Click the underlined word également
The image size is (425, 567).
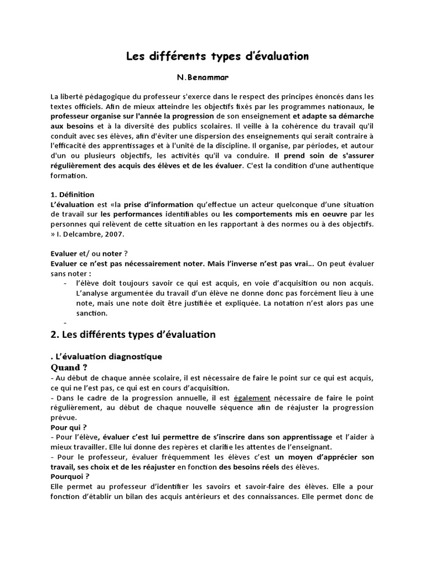pyautogui.click(x=252, y=398)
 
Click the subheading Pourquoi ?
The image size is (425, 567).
pyautogui.click(x=70, y=476)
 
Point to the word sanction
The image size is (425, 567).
pyautogui.click(x=92, y=313)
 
